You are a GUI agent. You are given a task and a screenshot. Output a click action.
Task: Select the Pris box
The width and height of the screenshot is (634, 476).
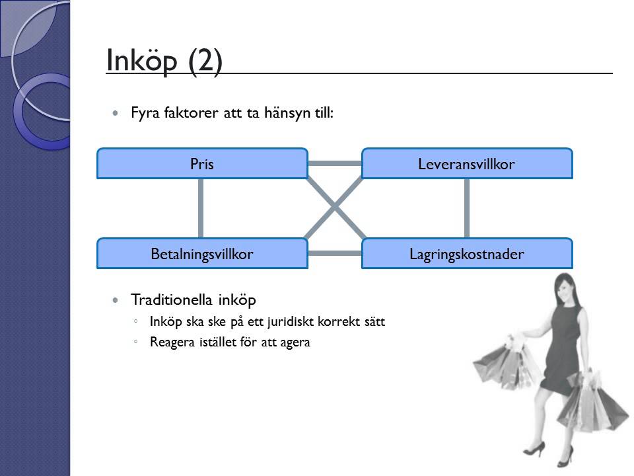click(202, 164)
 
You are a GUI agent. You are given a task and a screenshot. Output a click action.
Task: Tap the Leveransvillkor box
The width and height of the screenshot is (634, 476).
click(466, 164)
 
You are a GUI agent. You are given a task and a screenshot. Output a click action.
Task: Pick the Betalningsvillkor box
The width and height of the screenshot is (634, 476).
click(202, 254)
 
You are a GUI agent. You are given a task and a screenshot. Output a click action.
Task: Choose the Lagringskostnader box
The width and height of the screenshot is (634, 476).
click(466, 254)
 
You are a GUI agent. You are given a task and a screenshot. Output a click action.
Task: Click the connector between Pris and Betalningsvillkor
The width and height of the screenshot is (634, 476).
click(200, 208)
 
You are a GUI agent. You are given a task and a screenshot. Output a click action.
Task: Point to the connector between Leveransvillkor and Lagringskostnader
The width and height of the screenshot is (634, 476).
click(467, 208)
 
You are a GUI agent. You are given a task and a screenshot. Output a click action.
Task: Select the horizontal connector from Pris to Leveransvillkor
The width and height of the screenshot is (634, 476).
click(334, 163)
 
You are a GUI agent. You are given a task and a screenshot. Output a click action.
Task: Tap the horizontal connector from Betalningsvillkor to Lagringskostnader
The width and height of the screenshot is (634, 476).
click(334, 253)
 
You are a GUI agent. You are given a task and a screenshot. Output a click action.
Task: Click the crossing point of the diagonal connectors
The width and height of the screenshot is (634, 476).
click(334, 208)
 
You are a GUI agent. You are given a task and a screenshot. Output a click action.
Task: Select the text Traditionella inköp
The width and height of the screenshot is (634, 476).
click(194, 300)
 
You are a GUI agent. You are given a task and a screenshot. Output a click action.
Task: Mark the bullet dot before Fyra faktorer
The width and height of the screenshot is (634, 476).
click(117, 114)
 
